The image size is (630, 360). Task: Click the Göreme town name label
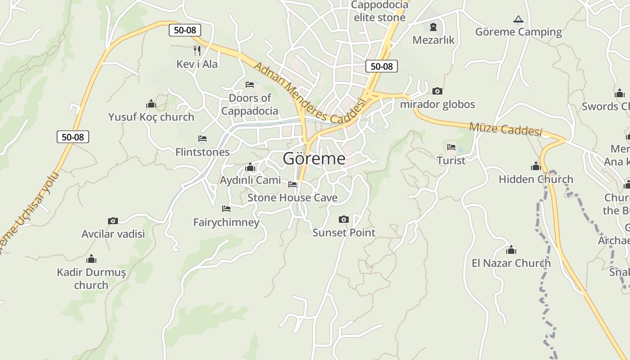[314, 158]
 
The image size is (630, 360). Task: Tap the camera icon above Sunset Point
[344, 219]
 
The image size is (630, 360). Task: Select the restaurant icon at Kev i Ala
[197, 50]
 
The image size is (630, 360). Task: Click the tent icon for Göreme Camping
[518, 19]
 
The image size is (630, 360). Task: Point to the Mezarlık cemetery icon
[433, 27]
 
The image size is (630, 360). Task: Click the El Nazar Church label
[511, 263]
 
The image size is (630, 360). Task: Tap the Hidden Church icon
[535, 166]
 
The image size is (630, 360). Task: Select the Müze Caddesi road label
[505, 129]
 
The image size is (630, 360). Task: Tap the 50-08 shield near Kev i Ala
[184, 30]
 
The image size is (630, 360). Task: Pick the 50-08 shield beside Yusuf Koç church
[73, 137]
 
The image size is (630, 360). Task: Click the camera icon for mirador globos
[437, 91]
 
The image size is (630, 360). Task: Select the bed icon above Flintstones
[202, 139]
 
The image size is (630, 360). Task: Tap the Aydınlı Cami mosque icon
[250, 168]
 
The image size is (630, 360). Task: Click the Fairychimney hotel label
[226, 222]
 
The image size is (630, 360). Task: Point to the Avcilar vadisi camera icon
[113, 220]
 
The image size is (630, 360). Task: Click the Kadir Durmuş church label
[91, 279]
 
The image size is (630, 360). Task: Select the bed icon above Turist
[451, 147]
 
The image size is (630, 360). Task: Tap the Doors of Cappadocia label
[250, 104]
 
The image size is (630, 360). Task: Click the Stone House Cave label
[292, 198]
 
